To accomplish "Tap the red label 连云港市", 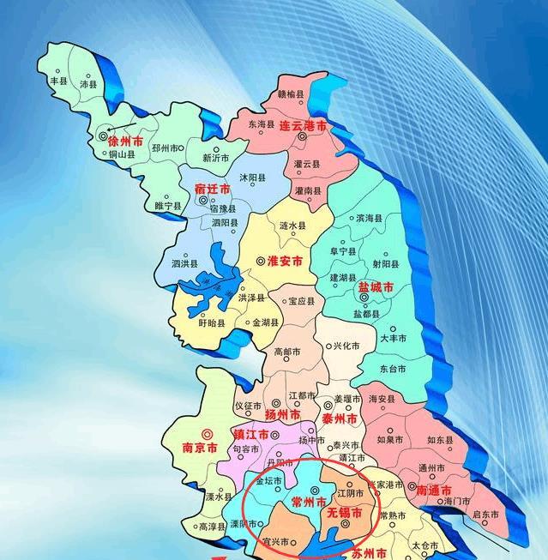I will tap(303, 125).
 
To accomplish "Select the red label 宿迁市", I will tap(212, 188).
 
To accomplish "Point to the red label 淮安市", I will tap(285, 261).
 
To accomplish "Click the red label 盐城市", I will tap(375, 288).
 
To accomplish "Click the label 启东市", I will tap(485, 515).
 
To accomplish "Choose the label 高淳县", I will tap(211, 528).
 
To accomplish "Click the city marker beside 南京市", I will tap(205, 434).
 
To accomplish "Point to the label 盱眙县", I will tap(211, 324).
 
